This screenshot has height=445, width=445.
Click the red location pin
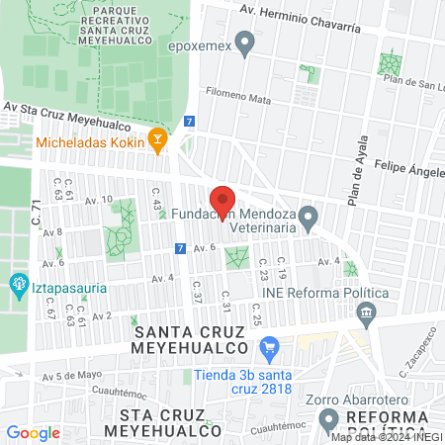click(x=223, y=201)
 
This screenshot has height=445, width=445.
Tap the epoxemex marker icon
click(x=245, y=43)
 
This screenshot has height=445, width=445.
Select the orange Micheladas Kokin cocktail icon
click(x=156, y=141)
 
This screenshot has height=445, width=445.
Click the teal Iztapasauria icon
click(x=17, y=286)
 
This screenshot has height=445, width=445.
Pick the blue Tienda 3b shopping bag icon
click(x=267, y=348)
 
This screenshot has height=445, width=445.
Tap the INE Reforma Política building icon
click(x=367, y=314)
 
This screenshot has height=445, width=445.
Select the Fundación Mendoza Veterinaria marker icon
click(x=309, y=215)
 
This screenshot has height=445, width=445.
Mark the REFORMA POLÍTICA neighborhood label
click(x=397, y=420)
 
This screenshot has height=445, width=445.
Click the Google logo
click(x=33, y=432)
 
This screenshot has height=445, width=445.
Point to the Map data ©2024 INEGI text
click(x=386, y=437)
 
